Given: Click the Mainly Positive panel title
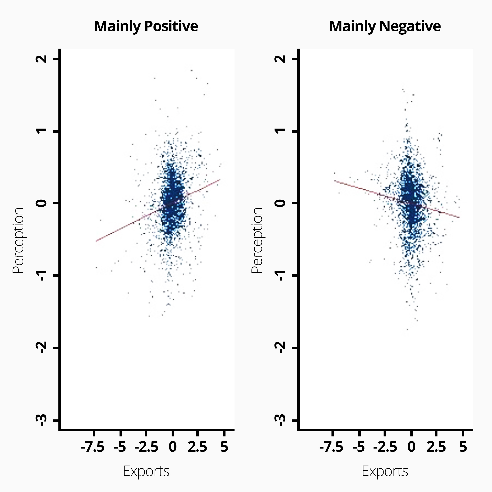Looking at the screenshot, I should pos(146,26).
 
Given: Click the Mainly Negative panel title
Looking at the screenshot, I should pos(385,26).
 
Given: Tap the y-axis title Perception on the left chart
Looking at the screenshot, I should pos(18,240).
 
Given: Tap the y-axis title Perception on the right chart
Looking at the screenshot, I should pos(257,240).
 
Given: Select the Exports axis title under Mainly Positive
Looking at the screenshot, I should pos(146,471).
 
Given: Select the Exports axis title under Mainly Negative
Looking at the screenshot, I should pos(385,471).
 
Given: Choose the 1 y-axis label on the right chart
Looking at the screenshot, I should pos(280,131).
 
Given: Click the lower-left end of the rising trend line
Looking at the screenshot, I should pos(96,241).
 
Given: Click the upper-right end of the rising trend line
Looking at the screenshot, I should pos(220,179).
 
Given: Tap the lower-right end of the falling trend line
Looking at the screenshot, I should pos(459,217).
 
